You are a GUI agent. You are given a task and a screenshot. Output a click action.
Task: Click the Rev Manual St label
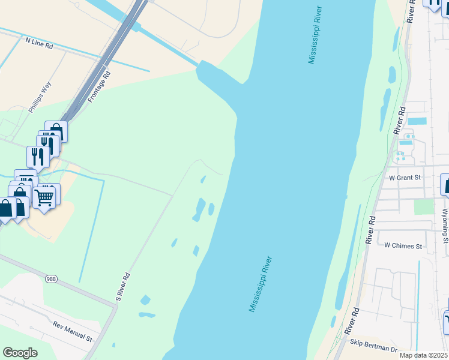point(72,331)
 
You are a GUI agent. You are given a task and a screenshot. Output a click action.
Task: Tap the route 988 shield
point(52,279)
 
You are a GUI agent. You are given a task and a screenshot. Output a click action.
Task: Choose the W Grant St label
point(405,178)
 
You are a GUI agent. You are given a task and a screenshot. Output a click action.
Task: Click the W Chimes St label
point(403,246)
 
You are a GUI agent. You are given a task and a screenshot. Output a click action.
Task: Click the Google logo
point(20,353)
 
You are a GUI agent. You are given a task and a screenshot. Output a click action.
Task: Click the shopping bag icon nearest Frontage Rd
point(56,131)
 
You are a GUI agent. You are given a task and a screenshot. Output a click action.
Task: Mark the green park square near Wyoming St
point(424,206)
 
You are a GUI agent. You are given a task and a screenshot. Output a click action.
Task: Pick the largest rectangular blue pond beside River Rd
point(417,121)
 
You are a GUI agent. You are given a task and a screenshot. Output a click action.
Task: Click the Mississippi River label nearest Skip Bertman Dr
point(261,284)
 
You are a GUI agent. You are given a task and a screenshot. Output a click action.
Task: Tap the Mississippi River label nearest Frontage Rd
point(315,35)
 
